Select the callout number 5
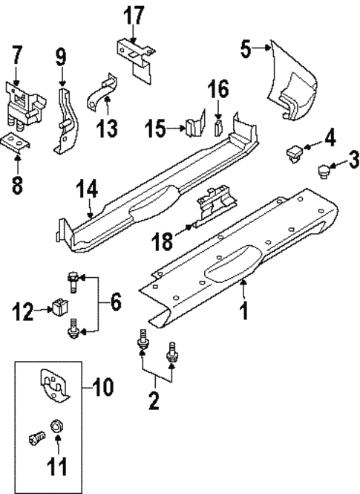pos(248,49)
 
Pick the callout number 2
pos(154,400)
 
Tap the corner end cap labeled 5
pos(297,82)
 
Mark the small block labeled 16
pos(218,125)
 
